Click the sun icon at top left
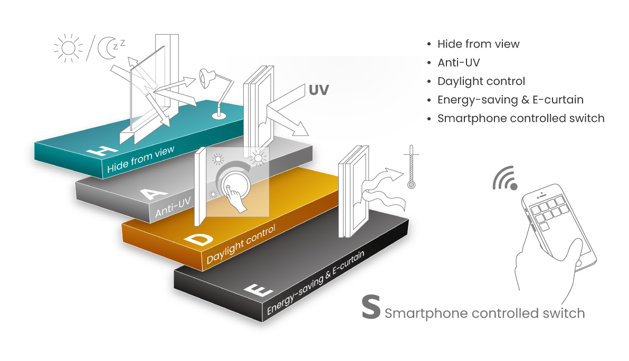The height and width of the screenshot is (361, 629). tap(68, 48)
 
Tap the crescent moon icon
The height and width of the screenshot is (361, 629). tap(109, 49)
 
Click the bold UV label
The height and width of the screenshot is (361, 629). tap(318, 90)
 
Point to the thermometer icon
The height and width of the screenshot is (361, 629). tap(411, 168)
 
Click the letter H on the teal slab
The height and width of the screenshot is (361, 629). tap(103, 147)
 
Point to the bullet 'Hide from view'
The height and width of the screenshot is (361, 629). tap(479, 44)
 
